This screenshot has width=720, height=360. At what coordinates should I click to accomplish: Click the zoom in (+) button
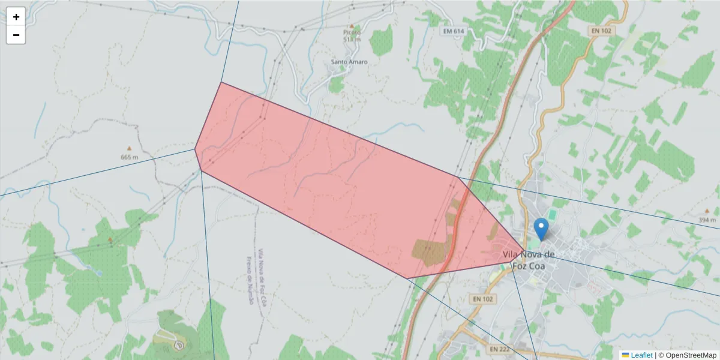point(16,17)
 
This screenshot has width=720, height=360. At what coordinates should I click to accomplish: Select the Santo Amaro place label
point(349,62)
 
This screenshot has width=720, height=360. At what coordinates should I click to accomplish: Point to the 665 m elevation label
point(129,157)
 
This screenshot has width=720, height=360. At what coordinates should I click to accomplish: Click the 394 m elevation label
point(707,220)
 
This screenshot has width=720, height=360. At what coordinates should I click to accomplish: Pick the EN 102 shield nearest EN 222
point(482,298)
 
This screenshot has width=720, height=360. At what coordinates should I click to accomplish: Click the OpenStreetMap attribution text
point(691,355)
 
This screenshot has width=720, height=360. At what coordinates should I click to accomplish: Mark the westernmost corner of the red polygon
point(195,149)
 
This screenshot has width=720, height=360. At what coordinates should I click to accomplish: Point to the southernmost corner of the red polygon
point(407,278)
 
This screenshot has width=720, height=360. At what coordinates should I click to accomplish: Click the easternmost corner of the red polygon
point(524,251)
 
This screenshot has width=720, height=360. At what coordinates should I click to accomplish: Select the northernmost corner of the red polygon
point(221,82)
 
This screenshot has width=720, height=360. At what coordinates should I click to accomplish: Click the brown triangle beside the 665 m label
point(128,148)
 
